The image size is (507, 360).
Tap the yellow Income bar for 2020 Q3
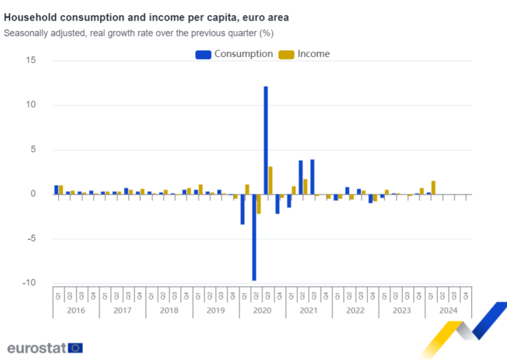coord(271,180)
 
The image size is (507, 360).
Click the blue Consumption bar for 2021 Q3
coord(312,177)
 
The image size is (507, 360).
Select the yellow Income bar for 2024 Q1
coord(434,187)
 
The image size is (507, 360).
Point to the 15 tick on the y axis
coord(31,60)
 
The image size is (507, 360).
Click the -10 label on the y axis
coord(29,283)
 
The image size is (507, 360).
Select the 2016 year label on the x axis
coord(75,311)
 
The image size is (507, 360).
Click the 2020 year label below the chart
coord(262,311)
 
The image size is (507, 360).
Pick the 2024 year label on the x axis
coord(448,311)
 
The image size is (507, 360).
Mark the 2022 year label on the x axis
coord(355,311)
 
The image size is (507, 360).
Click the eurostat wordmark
coord(36,347)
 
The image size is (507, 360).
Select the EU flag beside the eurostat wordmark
coord(75,348)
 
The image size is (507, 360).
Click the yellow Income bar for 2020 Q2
coord(259,204)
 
